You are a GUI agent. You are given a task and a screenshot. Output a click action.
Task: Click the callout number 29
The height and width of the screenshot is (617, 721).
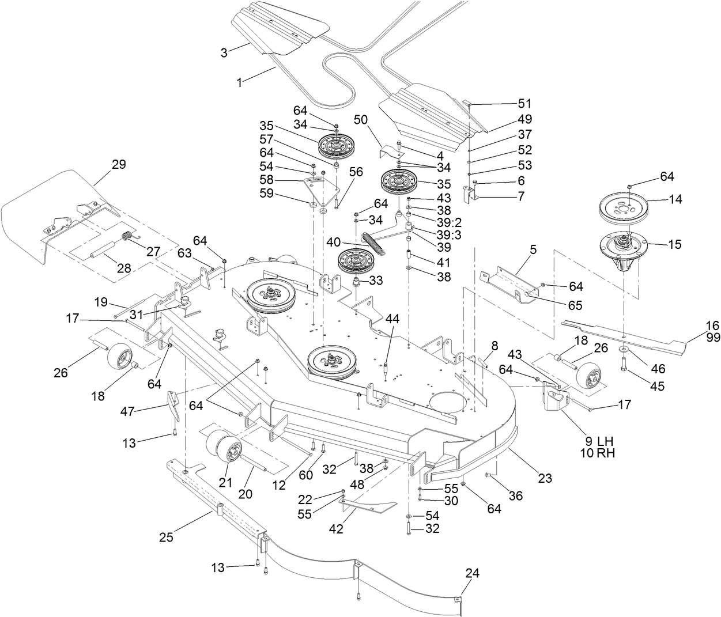pos(118,164)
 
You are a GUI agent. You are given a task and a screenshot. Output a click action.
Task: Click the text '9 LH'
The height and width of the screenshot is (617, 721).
pos(598,441)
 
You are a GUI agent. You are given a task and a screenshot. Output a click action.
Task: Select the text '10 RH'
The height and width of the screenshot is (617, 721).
pos(598,453)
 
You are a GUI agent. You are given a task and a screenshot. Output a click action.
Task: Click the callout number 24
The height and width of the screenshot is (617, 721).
pos(472,573)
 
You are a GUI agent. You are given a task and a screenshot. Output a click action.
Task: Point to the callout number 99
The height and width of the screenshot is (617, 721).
pos(713,338)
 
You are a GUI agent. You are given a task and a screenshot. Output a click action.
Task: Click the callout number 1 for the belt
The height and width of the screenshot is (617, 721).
pos(239,82)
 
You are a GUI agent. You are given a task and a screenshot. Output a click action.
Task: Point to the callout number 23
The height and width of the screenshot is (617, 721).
pos(545,478)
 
